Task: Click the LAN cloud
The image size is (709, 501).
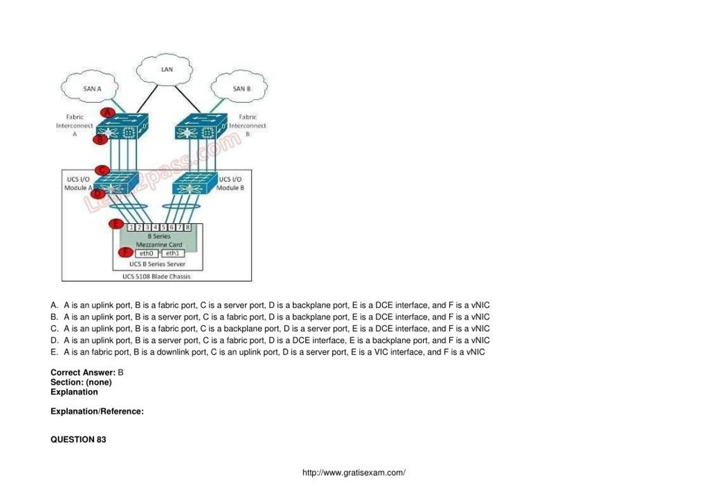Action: (165, 69)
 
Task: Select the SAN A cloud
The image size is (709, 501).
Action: (90, 88)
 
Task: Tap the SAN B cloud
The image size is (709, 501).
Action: (240, 88)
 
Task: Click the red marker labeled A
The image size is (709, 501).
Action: (108, 113)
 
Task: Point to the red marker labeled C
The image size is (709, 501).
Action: (102, 170)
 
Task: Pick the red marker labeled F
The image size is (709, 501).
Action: (126, 252)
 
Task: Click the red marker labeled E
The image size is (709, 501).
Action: (116, 224)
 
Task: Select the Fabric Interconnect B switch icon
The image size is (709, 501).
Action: (201, 127)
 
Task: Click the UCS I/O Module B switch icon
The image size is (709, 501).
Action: (194, 183)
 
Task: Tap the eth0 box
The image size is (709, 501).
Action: (147, 254)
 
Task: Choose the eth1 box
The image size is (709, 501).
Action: (173, 254)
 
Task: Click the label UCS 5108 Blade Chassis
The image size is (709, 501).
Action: (156, 277)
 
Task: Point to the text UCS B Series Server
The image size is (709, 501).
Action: (157, 264)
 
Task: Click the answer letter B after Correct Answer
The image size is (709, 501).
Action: (120, 372)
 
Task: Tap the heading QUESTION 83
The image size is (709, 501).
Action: (78, 439)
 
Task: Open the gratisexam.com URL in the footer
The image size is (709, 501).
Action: (354, 472)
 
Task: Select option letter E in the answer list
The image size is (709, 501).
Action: (54, 352)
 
